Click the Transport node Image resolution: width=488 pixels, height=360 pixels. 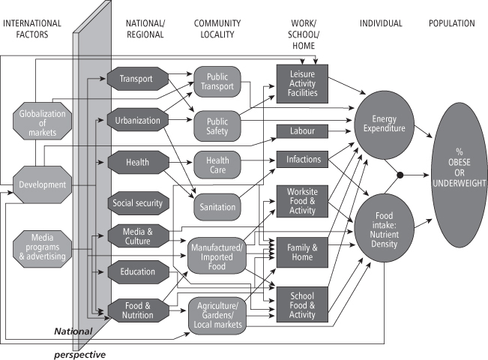136,77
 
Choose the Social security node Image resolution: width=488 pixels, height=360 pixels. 136,202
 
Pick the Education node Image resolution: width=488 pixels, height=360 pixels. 136,272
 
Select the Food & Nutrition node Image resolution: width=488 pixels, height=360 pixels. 136,310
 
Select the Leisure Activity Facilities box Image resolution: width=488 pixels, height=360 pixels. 303,82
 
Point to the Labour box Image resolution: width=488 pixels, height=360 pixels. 303,131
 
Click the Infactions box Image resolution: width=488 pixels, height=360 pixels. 303,160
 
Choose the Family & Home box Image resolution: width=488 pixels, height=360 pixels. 303,253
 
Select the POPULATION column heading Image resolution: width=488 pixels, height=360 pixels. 452,23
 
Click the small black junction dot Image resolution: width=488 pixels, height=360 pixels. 400,175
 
